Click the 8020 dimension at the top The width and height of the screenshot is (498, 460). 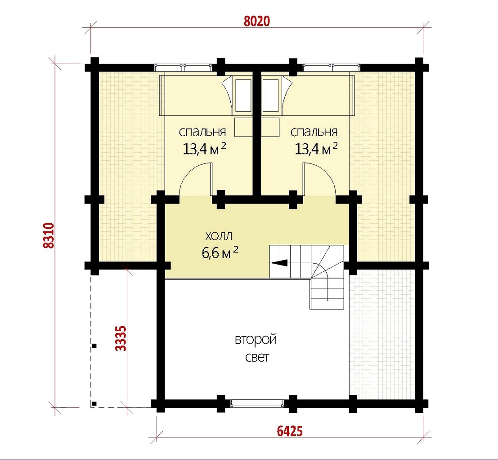click(256, 21)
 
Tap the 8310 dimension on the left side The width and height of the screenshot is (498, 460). click(49, 235)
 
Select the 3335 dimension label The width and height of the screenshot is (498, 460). click(121, 339)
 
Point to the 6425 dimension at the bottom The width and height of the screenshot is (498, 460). click(290, 431)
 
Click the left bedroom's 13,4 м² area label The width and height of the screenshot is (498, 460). click(204, 149)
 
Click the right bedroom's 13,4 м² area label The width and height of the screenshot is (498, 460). click(316, 149)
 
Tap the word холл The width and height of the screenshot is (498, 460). click(219, 236)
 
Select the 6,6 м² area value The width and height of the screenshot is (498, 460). click(220, 252)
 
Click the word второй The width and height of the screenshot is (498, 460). click(256, 340)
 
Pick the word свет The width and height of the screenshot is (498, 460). click(257, 358)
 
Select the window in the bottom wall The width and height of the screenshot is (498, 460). click(257, 403)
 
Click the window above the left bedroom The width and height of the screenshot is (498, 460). click(184, 67)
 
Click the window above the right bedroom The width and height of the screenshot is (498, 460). click(331, 67)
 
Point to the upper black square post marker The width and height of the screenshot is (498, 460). click(94, 346)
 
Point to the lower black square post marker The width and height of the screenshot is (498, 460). click(94, 404)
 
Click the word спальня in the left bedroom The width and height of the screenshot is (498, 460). click(202, 132)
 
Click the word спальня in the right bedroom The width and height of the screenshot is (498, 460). click(314, 132)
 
